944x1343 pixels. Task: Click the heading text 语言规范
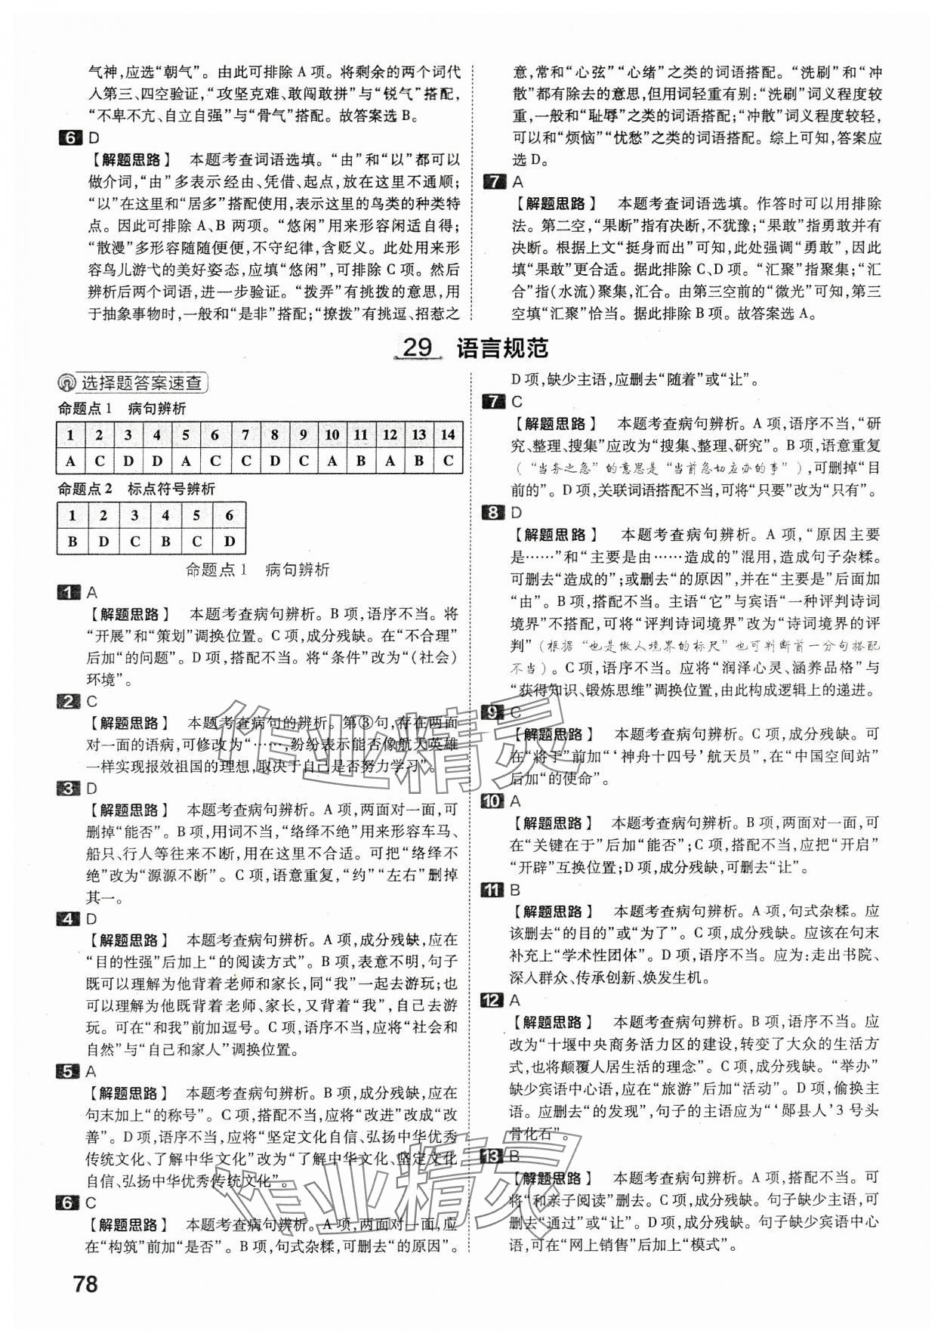click(x=502, y=348)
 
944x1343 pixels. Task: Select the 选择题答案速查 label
click(x=141, y=383)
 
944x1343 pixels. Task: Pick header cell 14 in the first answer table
click(x=448, y=434)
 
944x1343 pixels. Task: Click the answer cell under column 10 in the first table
click(x=332, y=461)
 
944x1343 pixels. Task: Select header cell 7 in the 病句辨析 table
click(x=245, y=434)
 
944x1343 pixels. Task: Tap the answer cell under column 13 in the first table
click(x=419, y=461)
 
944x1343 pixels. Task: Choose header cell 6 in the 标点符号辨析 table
click(x=230, y=516)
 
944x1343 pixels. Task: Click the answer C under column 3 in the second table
click(x=134, y=541)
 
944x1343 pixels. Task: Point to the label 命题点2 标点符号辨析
click(x=137, y=489)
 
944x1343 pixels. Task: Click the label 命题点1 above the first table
click(x=85, y=409)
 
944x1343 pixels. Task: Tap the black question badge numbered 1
click(x=69, y=593)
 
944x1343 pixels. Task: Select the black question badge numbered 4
click(x=69, y=919)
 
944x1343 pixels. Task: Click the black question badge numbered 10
click(x=492, y=801)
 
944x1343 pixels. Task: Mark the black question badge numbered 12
click(x=492, y=1000)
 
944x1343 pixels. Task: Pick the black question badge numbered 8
click(x=492, y=513)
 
